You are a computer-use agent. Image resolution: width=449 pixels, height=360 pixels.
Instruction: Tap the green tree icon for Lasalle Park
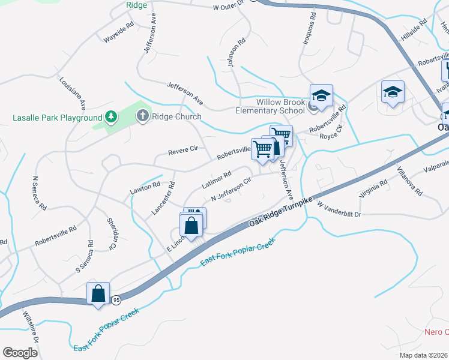(x=110, y=116)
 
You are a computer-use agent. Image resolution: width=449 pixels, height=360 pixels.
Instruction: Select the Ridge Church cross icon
(x=143, y=116)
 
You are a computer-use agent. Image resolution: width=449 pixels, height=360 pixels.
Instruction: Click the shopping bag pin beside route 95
(x=98, y=294)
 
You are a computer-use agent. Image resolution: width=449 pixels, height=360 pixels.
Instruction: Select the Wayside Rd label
(x=118, y=33)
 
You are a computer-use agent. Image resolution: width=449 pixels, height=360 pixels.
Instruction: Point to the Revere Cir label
(x=182, y=154)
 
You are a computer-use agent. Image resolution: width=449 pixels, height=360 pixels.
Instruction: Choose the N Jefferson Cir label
(x=231, y=191)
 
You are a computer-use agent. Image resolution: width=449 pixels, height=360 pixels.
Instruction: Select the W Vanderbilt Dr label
(x=339, y=209)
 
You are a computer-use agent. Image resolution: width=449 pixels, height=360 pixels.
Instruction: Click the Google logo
(x=20, y=353)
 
